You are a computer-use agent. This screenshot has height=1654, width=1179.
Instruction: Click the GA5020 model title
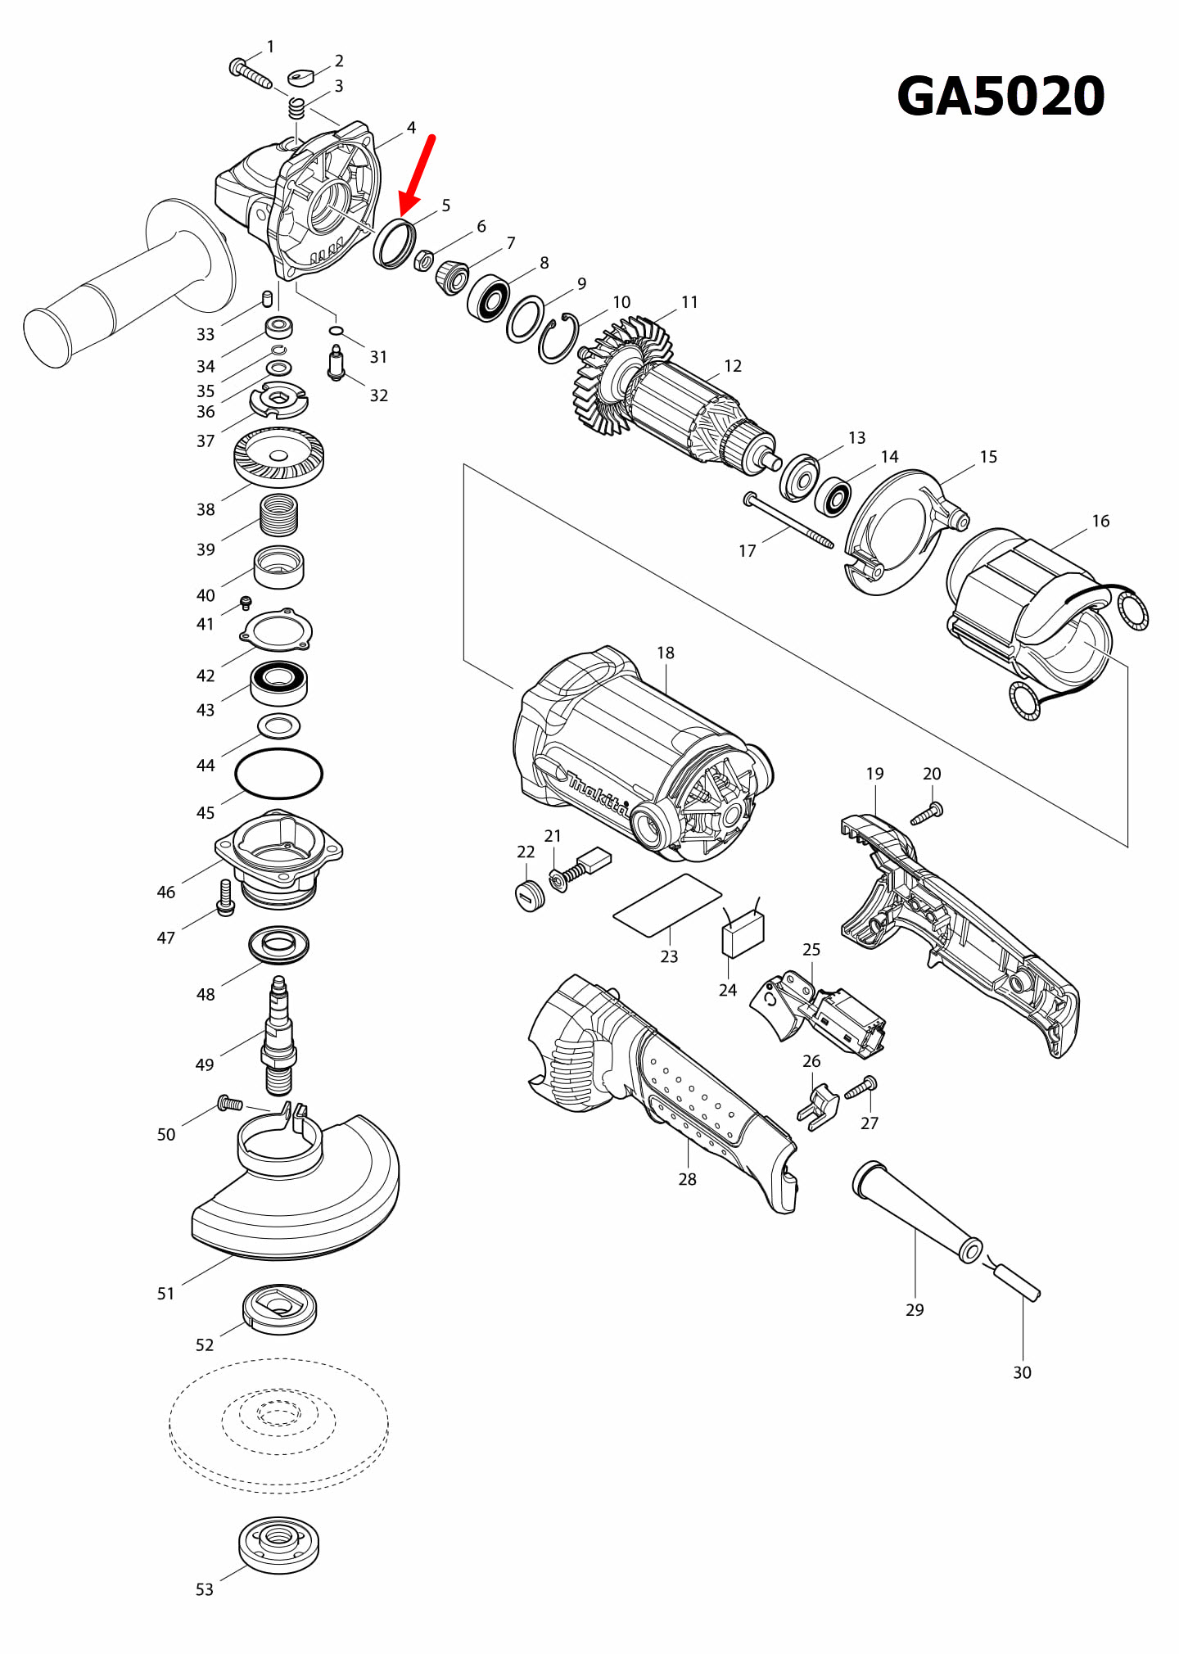[x=1001, y=97]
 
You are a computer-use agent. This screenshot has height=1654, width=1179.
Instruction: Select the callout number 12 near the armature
[x=733, y=366]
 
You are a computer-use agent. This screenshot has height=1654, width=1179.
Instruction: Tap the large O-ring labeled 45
[x=278, y=773]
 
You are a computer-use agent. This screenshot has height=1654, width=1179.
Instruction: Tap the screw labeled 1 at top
[x=250, y=73]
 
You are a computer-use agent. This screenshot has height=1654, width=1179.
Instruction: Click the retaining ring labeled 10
[x=558, y=338]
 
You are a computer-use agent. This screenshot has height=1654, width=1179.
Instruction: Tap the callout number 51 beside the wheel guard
[x=166, y=1294]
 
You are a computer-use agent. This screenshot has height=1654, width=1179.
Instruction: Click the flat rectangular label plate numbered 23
[x=667, y=904]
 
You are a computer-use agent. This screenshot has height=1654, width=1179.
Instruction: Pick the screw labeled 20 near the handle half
[x=927, y=815]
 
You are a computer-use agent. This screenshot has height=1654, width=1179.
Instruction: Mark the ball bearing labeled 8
[x=489, y=298]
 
